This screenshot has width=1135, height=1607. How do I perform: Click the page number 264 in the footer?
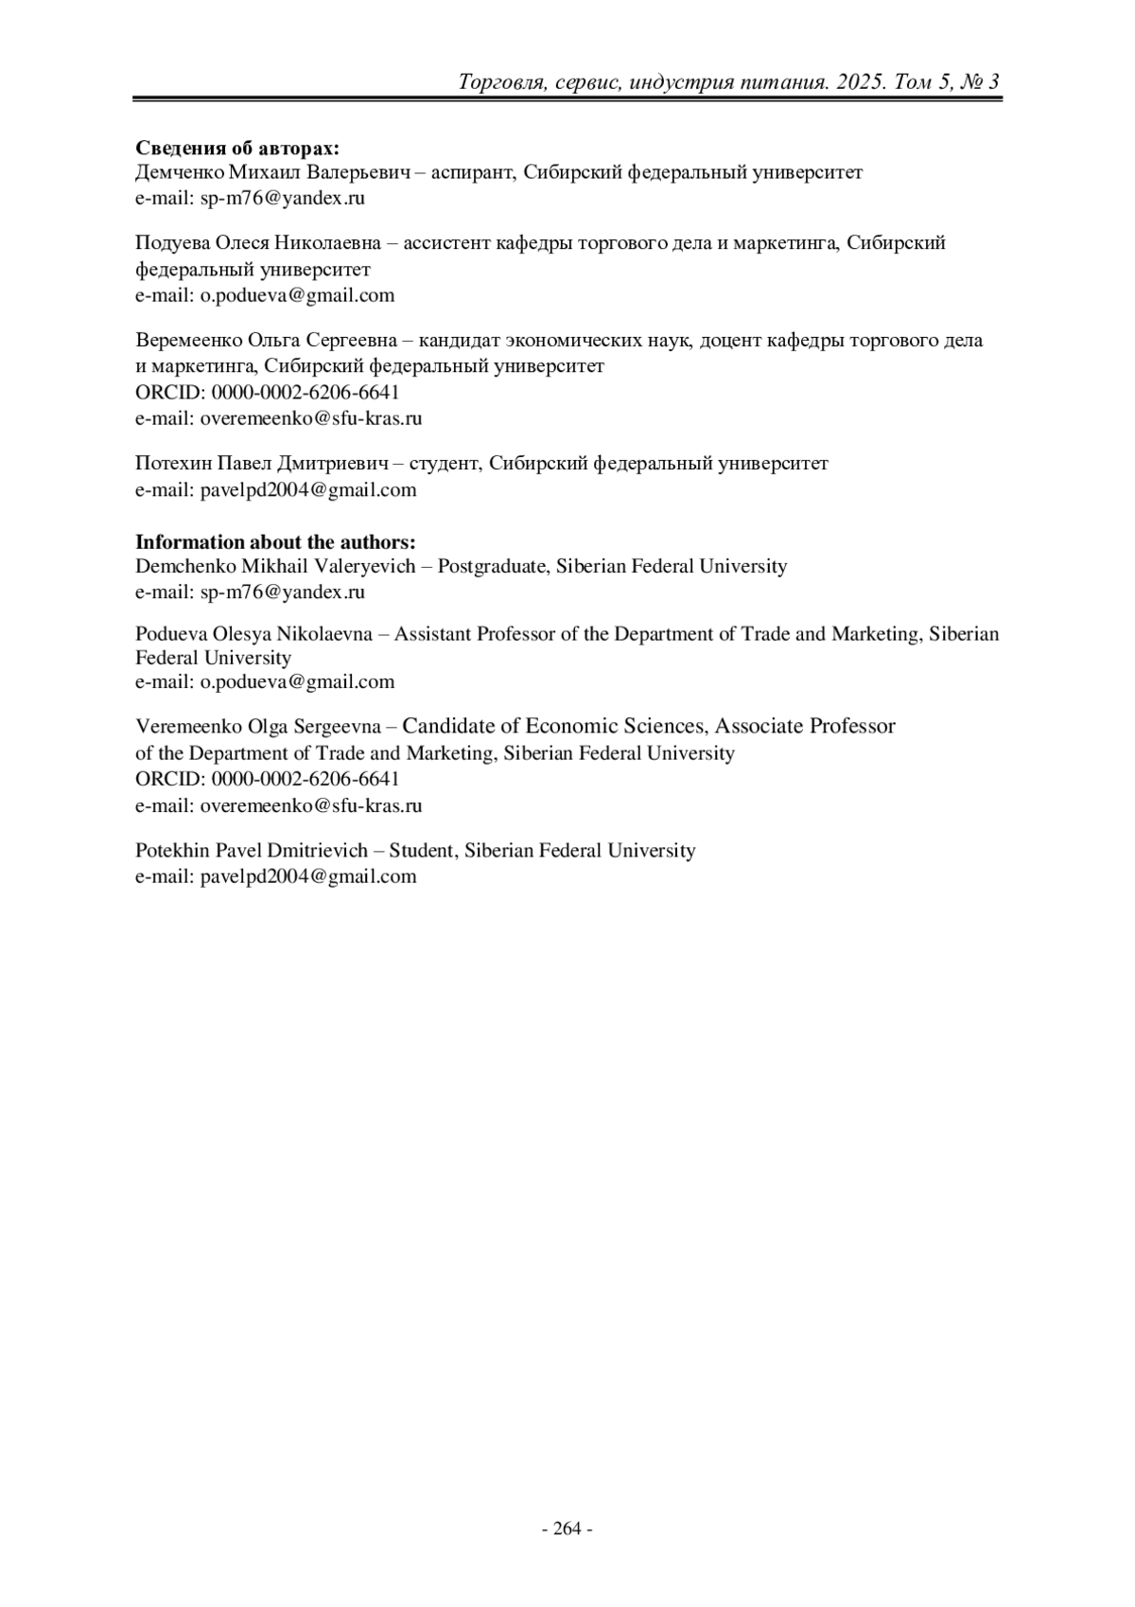click(567, 1528)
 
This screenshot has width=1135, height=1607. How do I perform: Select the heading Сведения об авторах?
click(237, 149)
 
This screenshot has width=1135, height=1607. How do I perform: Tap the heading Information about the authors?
click(275, 542)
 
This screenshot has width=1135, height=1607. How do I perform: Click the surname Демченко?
click(180, 173)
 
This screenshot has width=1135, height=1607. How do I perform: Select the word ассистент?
click(447, 243)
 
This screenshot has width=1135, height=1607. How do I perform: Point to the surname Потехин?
click(173, 464)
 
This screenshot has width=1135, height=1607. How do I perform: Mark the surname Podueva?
click(171, 634)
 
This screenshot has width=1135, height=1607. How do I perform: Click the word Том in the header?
click(915, 82)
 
